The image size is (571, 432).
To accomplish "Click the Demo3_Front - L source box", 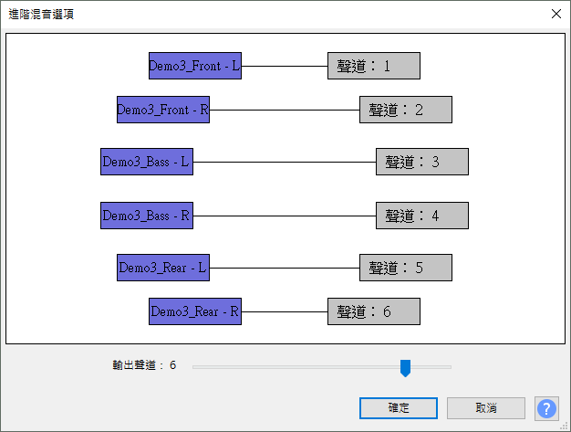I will point(195,66).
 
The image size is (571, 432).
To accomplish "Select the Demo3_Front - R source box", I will point(163,110).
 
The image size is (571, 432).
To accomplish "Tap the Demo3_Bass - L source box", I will point(147,162).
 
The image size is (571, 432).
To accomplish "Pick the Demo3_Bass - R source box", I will point(147,216).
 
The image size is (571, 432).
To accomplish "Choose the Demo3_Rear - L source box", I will point(163,268).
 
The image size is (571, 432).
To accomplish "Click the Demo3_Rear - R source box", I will point(195,311).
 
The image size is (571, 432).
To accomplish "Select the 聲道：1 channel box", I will point(374,66).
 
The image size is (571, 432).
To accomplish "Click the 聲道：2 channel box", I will point(406,110).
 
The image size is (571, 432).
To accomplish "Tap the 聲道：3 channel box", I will point(422,162).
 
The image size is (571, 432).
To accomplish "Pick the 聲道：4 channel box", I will point(422,216).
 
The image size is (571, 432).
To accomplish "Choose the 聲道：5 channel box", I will point(406,268).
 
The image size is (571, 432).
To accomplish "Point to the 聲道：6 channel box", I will point(374,311).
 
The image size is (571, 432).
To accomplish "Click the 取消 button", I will point(485,407).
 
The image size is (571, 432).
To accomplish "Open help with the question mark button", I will point(546,407).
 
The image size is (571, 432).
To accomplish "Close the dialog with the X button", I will point(555,14).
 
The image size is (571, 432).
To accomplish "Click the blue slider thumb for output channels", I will point(406,367).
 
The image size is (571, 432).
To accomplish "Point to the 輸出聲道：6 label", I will point(144,365).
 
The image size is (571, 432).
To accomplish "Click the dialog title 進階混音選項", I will point(42,14).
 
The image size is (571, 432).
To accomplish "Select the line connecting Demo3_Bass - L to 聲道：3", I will point(285,163).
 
